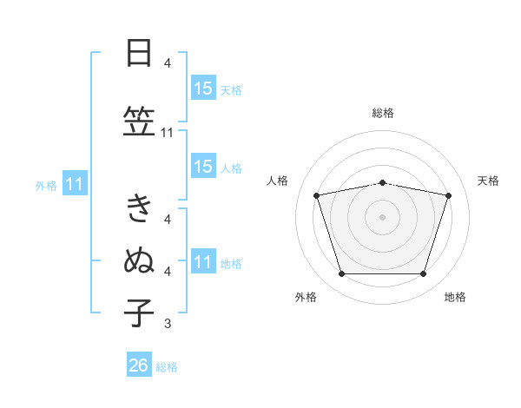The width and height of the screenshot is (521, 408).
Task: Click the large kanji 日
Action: pos(139,53)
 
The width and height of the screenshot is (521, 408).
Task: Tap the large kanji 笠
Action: pos(139,121)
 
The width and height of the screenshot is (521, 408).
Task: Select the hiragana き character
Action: pos(139,207)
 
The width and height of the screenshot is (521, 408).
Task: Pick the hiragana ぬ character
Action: pos(139,260)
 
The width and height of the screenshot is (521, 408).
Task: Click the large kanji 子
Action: pos(139,313)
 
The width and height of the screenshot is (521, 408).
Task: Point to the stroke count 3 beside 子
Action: pos(168,323)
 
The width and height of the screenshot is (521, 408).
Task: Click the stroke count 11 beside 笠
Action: pos(167,133)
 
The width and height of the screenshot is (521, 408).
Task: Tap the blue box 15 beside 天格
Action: pos(203,88)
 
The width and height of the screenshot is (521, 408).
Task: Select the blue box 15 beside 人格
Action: pos(203,166)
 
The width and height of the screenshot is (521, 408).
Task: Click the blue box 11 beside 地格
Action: pos(203,260)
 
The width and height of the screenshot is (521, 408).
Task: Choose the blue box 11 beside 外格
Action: pos(75,183)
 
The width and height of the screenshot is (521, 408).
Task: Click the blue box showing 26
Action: pos(139,364)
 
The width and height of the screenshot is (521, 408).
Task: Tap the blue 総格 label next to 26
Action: pos(167,367)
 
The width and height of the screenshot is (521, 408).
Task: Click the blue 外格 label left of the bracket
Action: pos(46,186)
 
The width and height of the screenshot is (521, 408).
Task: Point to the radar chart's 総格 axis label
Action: pos(383,113)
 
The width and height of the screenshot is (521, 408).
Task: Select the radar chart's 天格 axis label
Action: pos(488,181)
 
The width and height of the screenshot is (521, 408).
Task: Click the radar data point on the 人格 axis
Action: pos(317,195)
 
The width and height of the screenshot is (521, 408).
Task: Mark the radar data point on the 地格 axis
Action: pos(423,274)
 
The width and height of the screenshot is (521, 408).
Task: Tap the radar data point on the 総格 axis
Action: pos(382,183)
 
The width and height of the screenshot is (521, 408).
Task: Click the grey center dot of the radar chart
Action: pos(382,217)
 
